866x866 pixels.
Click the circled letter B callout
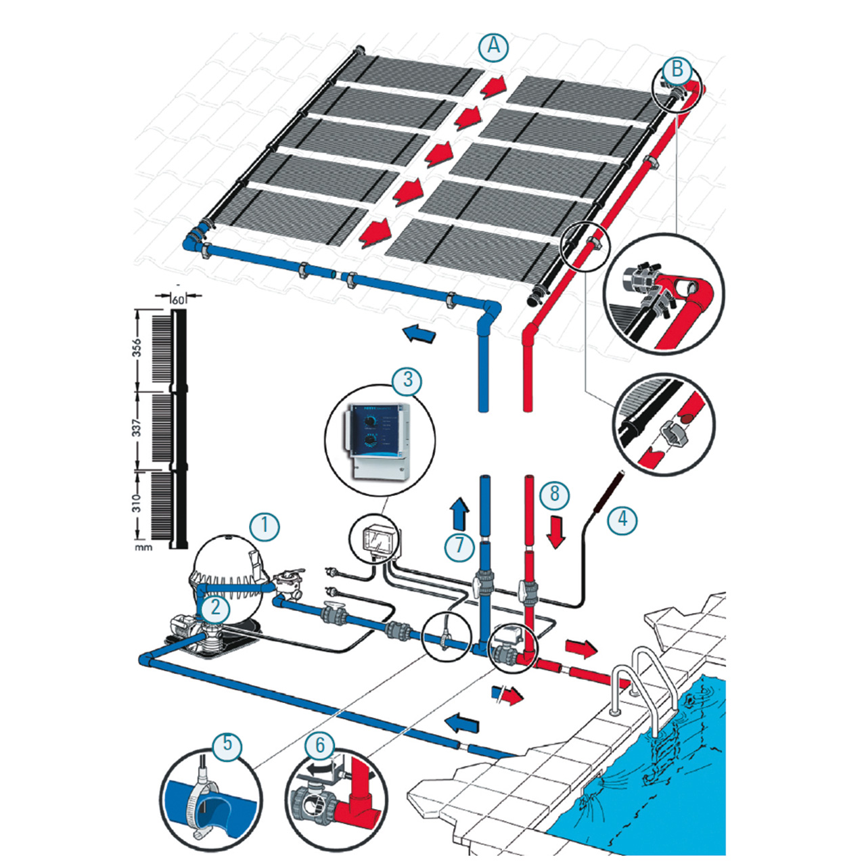click(677, 70)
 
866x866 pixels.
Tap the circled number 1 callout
click(265, 526)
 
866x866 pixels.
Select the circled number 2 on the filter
click(215, 608)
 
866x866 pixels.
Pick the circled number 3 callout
click(407, 380)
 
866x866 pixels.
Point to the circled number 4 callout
click(622, 520)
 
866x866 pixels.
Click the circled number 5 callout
click(227, 744)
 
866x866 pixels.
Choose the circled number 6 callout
click(320, 746)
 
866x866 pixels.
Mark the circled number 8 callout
click(555, 494)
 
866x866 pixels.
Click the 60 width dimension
click(178, 299)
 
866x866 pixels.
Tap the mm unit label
click(143, 547)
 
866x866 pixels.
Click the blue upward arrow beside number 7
click(460, 514)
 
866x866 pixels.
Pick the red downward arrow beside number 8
click(556, 532)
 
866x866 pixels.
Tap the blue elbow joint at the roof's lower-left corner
click(193, 240)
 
